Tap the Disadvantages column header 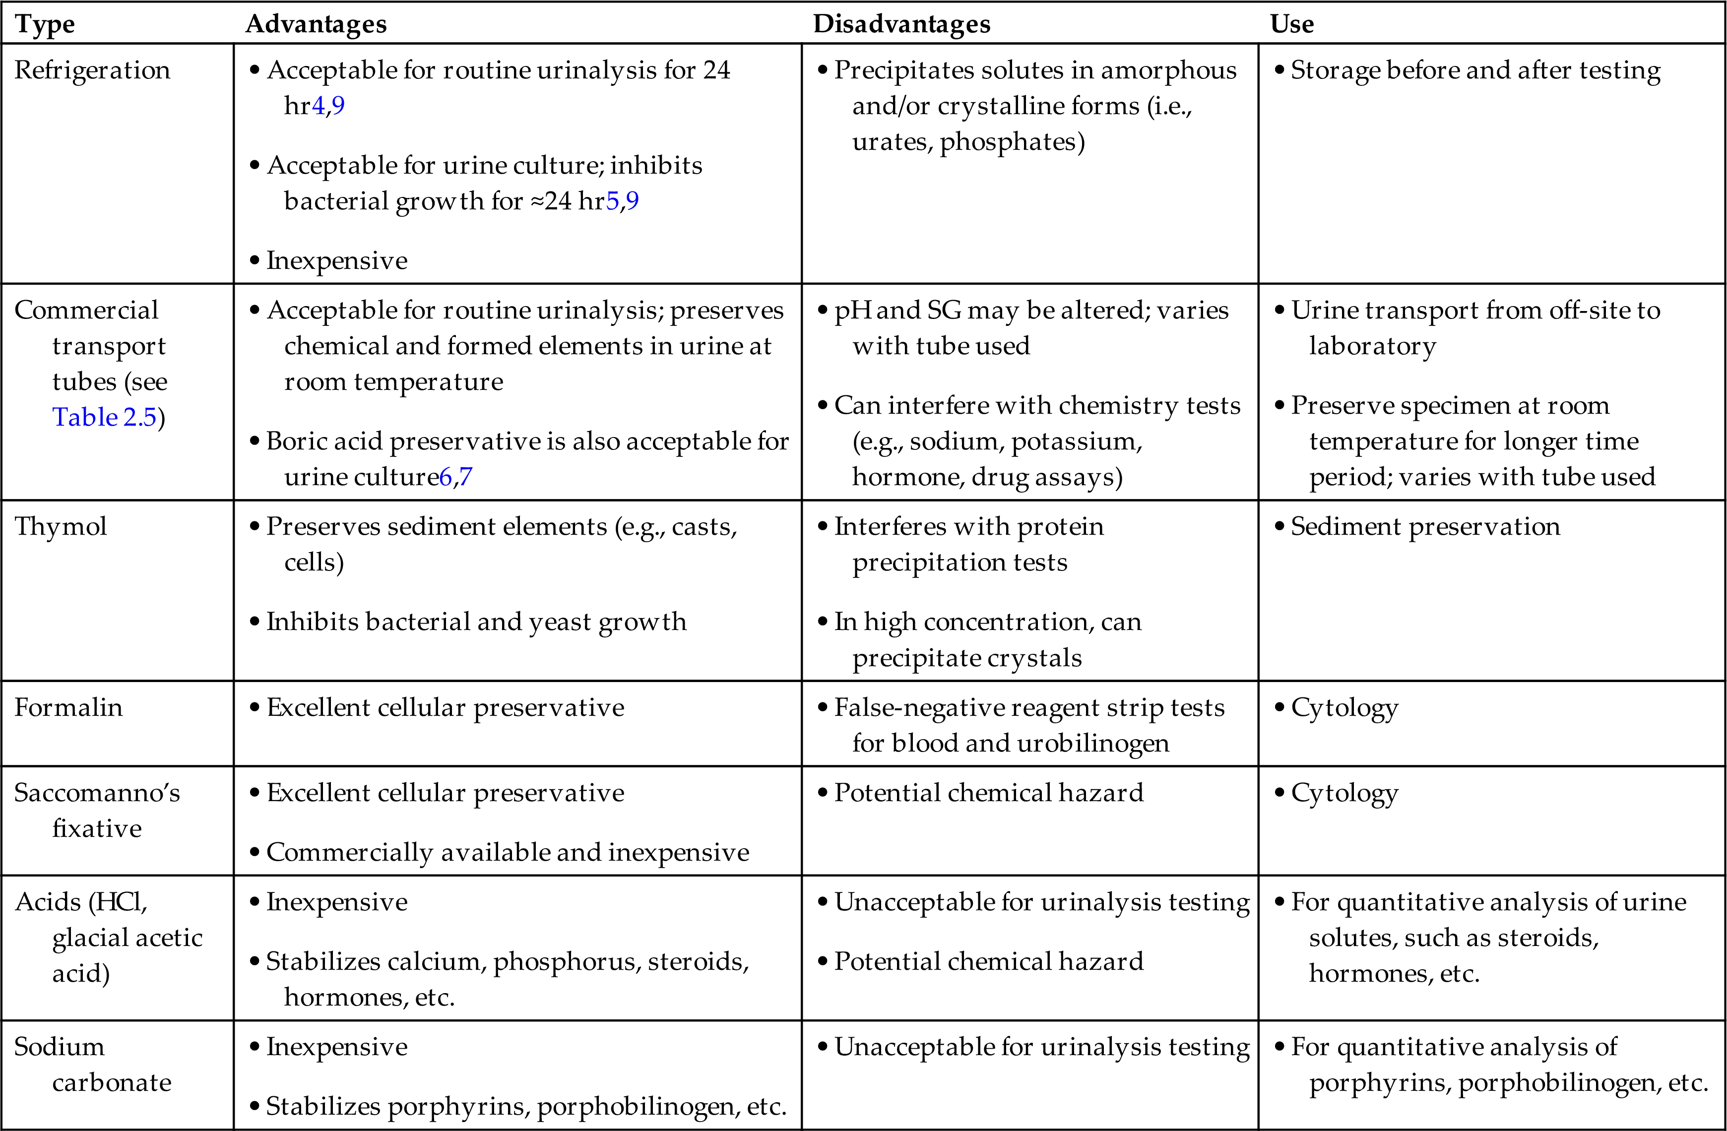[901, 24]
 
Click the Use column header [1291, 24]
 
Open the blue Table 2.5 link [105, 417]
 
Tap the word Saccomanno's [97, 793]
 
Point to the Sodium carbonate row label [93, 1064]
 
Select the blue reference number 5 [612, 201]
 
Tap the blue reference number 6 [446, 477]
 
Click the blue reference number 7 [465, 477]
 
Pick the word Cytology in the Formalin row [1344, 708]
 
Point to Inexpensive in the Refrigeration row [337, 260]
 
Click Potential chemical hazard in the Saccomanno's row [988, 793]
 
